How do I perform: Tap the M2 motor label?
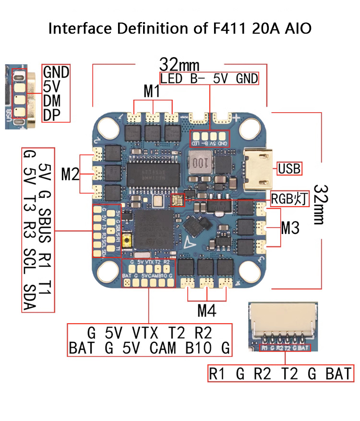[70, 174]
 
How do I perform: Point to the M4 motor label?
[207, 311]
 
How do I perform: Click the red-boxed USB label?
[289, 169]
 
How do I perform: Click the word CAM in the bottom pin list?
[163, 348]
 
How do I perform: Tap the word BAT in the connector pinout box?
[339, 373]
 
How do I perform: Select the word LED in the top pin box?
[171, 79]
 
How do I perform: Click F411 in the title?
[233, 28]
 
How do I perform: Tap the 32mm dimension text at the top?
[180, 65]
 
